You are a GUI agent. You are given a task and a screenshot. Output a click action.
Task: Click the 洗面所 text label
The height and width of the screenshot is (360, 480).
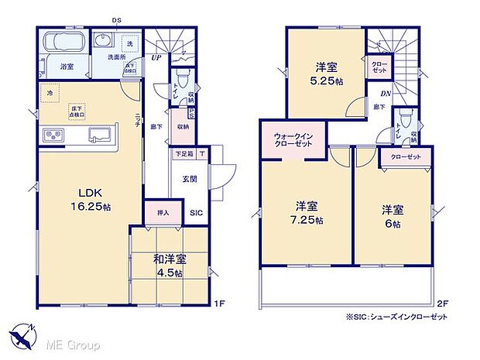click(x=116, y=57)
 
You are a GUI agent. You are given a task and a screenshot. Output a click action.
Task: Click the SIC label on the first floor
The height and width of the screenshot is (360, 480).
click(x=196, y=211)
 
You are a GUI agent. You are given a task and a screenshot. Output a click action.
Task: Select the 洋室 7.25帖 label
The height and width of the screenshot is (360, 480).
click(x=307, y=213)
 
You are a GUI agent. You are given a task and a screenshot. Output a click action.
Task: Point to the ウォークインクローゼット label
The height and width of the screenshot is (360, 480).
click(x=293, y=140)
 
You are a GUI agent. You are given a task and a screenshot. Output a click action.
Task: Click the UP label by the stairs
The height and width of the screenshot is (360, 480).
click(x=156, y=57)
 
